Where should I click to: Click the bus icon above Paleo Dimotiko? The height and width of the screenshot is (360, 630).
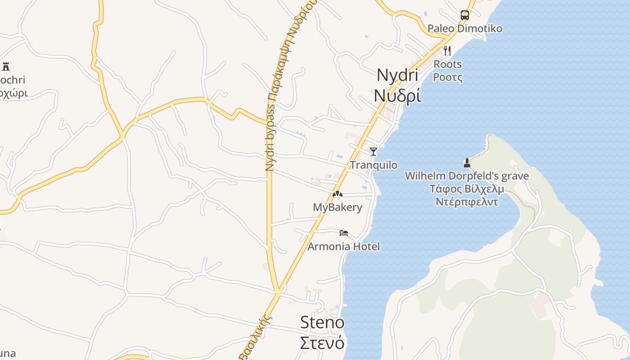pos(465,15)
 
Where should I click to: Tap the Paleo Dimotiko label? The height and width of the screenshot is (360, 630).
pos(465,29)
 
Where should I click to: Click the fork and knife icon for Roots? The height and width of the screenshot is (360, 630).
pos(447,50)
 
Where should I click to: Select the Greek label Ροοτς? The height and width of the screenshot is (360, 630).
pos(448,77)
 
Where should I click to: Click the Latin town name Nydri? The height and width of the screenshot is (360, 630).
pos(397,75)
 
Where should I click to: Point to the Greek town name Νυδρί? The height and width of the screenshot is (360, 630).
pos(397,95)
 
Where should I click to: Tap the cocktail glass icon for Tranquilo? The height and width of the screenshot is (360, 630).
pos(373,151)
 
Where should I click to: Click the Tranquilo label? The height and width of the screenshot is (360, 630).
pos(373,165)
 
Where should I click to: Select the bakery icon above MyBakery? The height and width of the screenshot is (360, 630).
pos(337,194)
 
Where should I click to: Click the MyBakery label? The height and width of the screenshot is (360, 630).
pos(337,207)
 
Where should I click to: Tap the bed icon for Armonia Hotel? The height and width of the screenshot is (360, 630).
pos(344,233)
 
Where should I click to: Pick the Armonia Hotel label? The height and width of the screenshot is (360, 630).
pos(343,247)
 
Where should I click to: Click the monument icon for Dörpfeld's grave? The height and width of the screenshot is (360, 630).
pos(467,162)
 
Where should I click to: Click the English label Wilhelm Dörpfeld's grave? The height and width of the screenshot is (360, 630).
pos(467,176)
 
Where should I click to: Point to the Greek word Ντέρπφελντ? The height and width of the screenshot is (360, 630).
pos(467,202)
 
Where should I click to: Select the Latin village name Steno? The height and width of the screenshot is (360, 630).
pos(322,322)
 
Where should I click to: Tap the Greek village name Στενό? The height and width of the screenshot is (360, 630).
pos(322,343)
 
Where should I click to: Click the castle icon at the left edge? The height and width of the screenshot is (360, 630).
pos(6,67)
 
